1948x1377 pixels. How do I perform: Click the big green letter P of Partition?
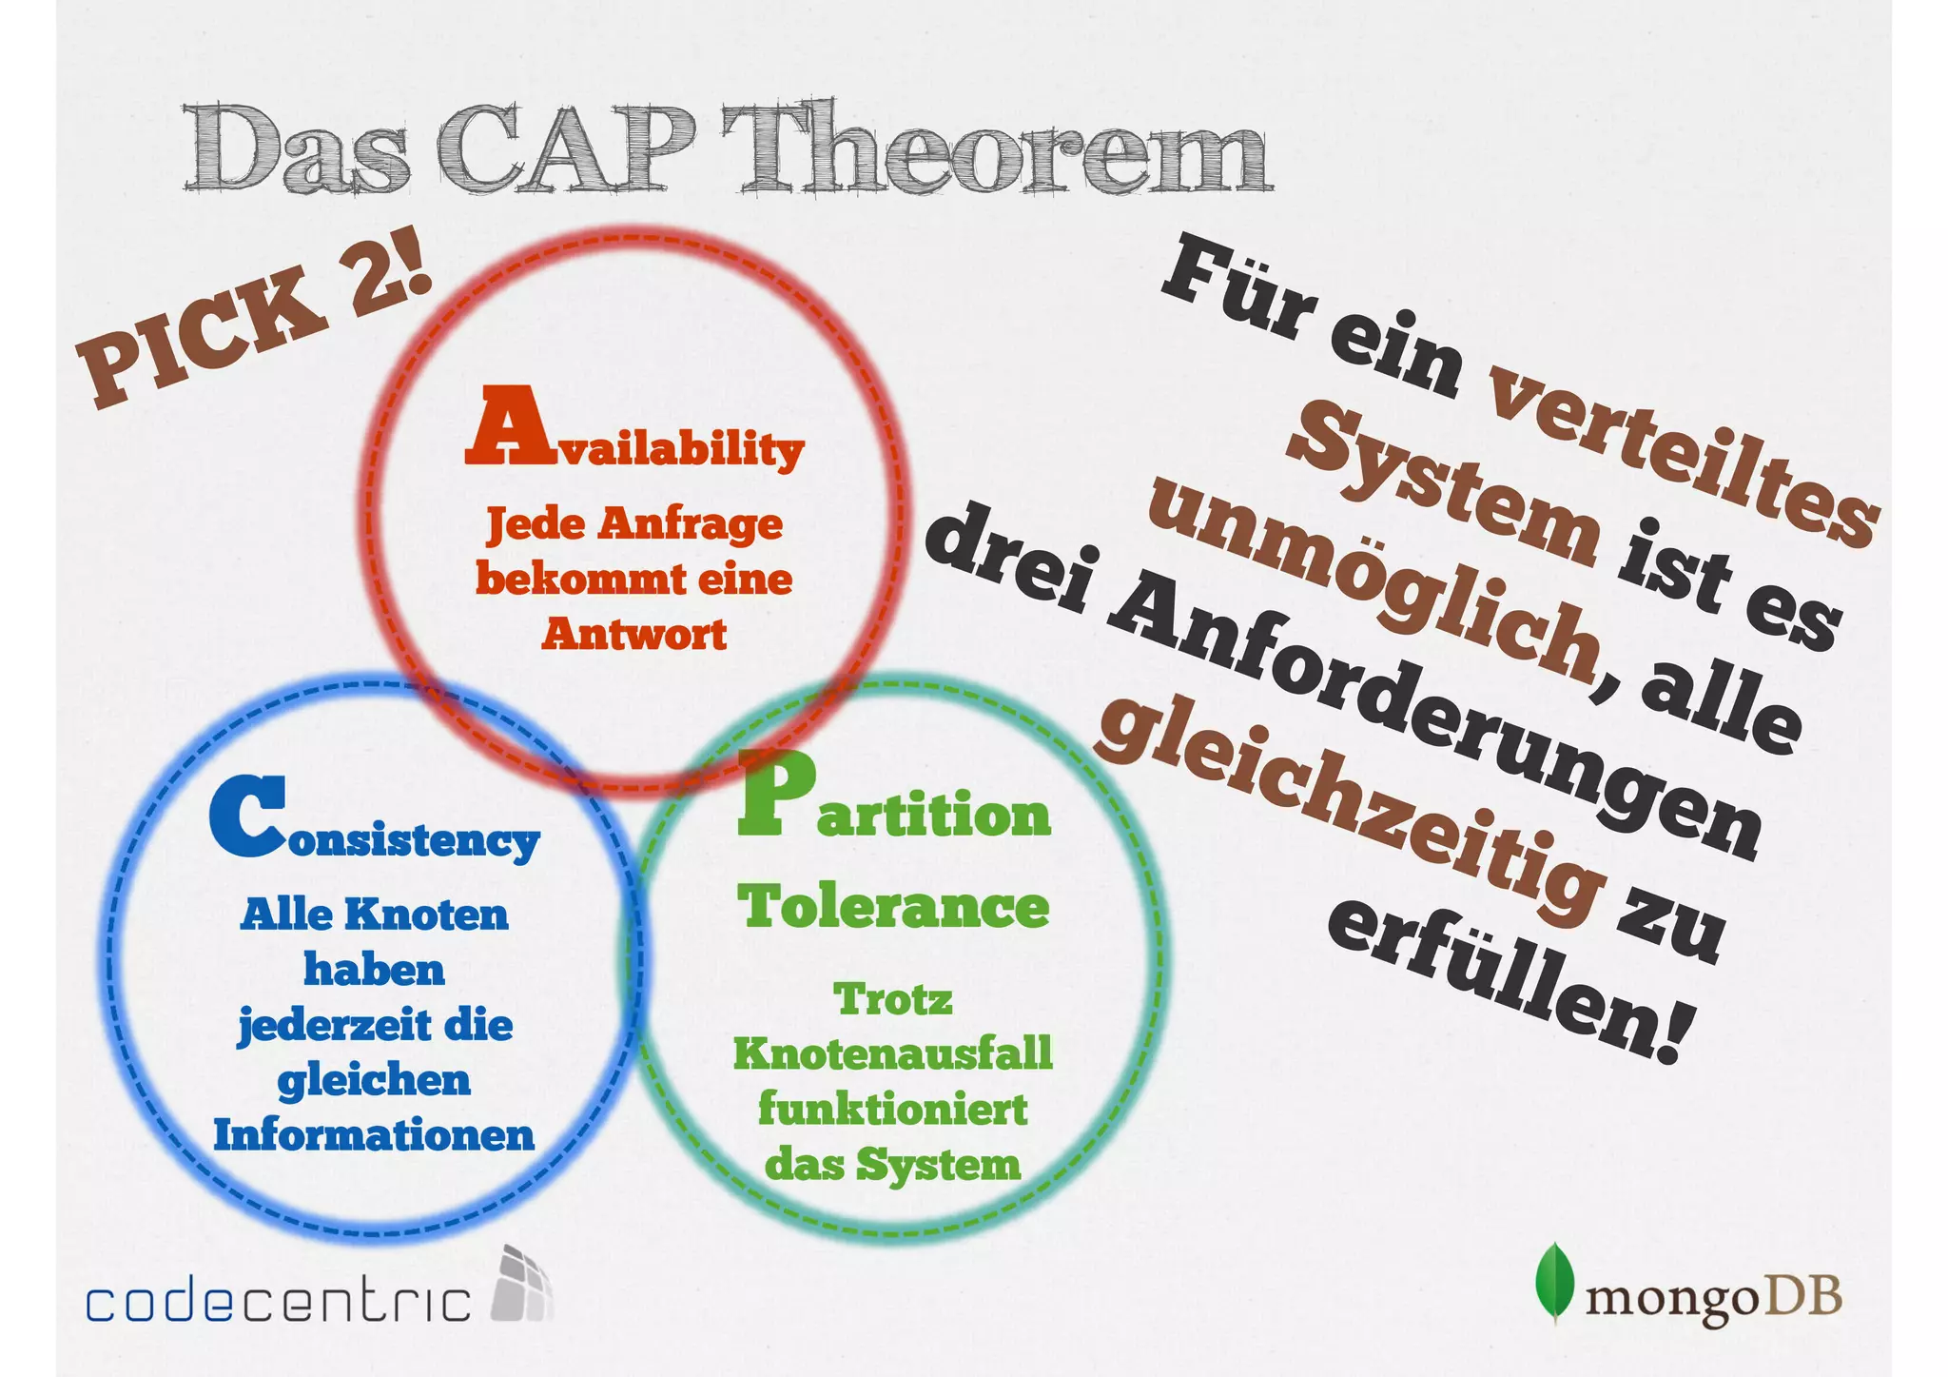(x=775, y=795)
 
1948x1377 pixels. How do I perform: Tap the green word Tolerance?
(x=893, y=906)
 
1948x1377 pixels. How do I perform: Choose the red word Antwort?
(x=634, y=634)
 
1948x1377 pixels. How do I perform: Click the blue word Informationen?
(x=374, y=1135)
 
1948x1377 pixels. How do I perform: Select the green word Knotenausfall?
(x=893, y=1053)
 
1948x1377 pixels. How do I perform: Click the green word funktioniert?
(x=893, y=1110)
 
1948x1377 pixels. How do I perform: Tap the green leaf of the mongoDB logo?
(x=1554, y=1283)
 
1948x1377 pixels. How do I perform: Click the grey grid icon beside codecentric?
(x=521, y=1285)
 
